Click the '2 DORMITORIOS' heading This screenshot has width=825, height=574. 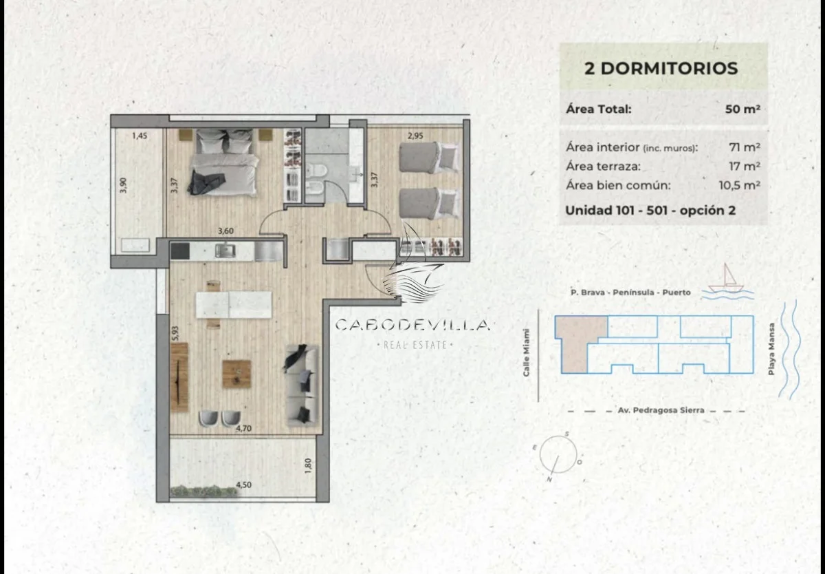[661, 69]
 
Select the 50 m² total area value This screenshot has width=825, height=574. [742, 109]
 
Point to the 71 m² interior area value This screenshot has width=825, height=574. [745, 147]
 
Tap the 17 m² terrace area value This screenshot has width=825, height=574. [745, 167]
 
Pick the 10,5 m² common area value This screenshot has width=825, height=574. [740, 185]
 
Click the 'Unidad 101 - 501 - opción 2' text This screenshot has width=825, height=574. [650, 211]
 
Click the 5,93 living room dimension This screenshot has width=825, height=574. [175, 333]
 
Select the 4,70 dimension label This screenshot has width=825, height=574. [244, 428]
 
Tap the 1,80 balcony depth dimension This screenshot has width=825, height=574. [309, 466]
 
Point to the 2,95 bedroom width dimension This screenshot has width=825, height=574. [415, 136]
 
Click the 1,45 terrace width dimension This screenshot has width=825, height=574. [140, 136]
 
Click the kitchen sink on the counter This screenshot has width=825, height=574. [225, 251]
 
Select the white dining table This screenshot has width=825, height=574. [234, 304]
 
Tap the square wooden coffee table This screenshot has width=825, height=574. [236, 374]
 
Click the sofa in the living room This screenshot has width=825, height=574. [302, 385]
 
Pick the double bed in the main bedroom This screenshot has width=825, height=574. [225, 162]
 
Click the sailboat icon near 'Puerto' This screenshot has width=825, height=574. [726, 278]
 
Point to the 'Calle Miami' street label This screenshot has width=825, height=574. [527, 353]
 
